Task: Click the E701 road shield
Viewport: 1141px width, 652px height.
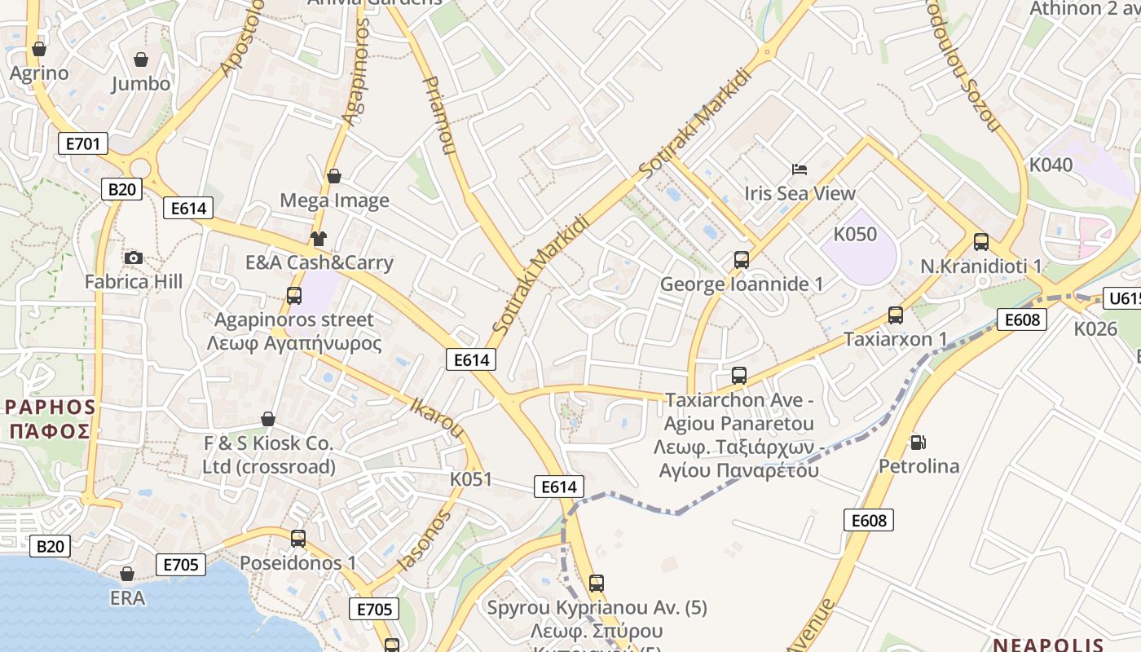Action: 83,144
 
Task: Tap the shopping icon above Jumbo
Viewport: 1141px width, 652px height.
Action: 141,59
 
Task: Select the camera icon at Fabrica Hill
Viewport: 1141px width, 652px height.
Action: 134,258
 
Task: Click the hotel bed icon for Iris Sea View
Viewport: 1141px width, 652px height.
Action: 800,170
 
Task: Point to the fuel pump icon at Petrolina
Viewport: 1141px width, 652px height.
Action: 918,443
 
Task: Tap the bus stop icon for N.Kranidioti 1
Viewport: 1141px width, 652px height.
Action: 980,242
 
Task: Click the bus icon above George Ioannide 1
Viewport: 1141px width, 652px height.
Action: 741,260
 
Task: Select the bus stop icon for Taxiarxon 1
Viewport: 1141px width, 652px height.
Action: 895,315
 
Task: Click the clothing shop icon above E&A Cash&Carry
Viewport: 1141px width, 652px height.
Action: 318,239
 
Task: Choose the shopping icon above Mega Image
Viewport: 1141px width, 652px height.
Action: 333,176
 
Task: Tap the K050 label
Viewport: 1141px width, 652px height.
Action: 855,235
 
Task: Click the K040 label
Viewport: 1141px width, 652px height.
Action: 1051,165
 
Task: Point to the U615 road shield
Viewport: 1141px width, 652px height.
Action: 1123,298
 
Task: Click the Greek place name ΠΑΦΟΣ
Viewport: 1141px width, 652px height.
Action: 49,430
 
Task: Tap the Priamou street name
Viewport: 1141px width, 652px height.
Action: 439,116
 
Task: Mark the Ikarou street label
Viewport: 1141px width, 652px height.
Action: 437,416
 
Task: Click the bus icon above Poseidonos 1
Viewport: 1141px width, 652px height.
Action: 298,539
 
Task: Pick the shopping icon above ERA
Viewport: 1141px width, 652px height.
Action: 127,574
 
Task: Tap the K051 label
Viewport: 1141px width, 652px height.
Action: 471,479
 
